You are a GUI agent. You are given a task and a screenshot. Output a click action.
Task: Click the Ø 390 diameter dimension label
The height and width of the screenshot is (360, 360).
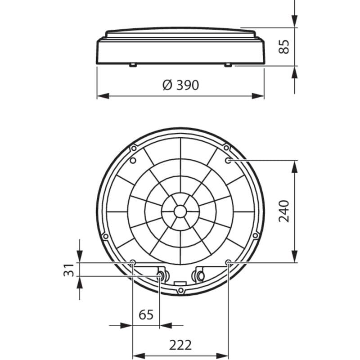point(180,85)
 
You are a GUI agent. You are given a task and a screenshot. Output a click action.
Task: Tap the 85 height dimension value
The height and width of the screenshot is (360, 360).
point(284,47)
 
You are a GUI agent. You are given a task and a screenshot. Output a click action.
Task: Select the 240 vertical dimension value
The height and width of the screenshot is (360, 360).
point(284,211)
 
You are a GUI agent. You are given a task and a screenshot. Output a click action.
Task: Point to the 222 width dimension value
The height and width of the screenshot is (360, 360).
point(180,345)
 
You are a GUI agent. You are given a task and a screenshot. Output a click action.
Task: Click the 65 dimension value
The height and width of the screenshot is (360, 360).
point(146,315)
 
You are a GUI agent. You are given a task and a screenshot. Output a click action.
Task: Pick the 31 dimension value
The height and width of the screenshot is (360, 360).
point(69,270)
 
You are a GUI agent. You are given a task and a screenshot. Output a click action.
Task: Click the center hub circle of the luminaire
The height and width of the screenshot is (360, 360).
point(180,211)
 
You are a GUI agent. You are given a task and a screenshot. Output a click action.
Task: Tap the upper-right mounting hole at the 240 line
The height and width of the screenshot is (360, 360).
point(228,160)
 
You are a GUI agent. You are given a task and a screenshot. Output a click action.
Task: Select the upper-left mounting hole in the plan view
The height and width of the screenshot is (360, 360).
point(133,160)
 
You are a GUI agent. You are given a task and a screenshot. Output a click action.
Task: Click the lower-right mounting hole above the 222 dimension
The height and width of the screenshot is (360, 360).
point(228,262)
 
